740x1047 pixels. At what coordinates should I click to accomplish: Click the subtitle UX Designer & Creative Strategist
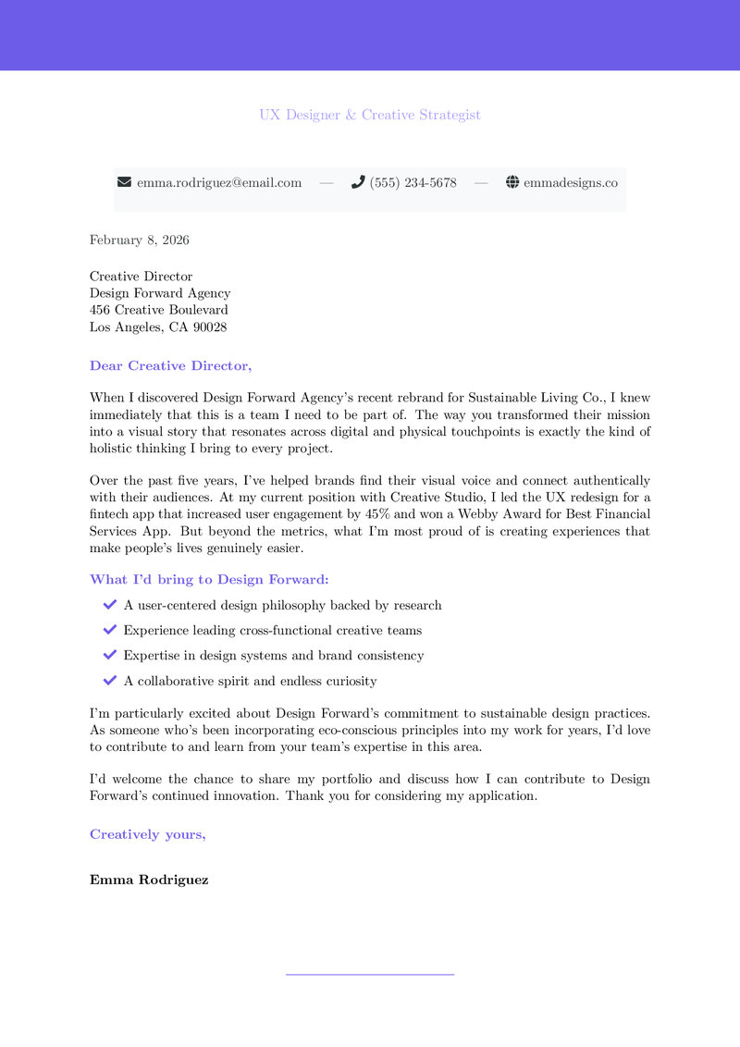coord(369,115)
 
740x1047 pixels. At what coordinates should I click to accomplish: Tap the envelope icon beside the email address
coord(125,182)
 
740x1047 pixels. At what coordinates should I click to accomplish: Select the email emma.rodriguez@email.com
coord(219,183)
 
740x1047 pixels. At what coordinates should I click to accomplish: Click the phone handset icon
coord(358,182)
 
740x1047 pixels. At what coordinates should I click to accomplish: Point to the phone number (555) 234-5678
coord(413,183)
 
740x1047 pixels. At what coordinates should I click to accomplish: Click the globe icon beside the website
coord(512,182)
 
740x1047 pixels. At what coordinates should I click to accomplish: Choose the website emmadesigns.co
coord(570,183)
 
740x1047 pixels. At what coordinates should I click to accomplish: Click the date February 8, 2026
coord(140,240)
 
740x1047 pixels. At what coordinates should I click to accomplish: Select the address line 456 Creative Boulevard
coord(159,310)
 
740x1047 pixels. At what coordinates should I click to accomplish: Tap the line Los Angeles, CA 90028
coord(158,326)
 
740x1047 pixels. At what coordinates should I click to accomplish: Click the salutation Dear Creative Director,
coord(170,366)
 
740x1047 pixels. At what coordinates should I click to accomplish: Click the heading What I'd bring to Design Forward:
coord(209,580)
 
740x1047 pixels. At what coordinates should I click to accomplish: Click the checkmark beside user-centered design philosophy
coord(109,605)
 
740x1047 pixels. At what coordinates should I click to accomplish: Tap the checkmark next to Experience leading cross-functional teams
coord(109,630)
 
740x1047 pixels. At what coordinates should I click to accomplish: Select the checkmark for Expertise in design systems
coord(109,655)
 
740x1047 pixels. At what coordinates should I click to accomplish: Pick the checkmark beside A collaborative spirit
coord(109,681)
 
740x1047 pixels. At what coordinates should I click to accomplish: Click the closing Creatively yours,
coord(148,834)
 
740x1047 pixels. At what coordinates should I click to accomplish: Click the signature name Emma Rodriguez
coord(149,881)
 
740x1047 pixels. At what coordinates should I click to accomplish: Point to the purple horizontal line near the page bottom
coord(370,974)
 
